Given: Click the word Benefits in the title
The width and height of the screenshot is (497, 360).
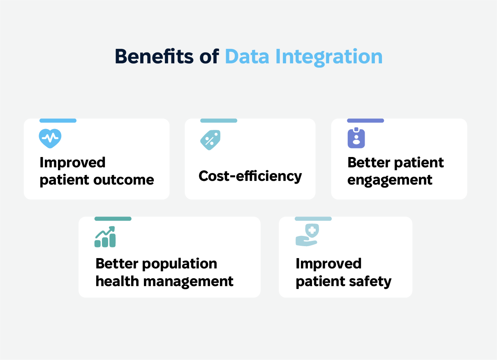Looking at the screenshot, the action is point(154,56).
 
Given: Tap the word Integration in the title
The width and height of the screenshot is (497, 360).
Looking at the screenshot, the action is point(329,58).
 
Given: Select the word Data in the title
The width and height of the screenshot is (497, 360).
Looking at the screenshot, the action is point(247,56).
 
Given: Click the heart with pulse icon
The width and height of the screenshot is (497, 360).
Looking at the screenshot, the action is point(50,138).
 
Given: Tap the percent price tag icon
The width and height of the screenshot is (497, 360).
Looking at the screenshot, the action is point(210,140).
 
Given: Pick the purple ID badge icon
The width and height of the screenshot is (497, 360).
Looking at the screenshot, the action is point(356,138).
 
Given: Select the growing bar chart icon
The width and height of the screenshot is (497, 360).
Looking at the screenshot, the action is point(105,237).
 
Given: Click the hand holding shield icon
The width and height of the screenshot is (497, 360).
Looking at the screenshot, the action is point(307,235).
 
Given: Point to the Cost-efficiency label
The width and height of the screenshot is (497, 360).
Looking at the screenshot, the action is point(250,177).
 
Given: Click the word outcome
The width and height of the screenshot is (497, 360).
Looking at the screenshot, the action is point(124,180).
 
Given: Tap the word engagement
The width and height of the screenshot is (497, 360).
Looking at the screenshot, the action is point(390,180).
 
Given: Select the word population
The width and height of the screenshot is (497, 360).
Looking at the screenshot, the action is point(180,264).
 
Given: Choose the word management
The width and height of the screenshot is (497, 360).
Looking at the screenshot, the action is point(188,282).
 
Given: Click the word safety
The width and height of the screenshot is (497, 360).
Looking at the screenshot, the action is point(370,282).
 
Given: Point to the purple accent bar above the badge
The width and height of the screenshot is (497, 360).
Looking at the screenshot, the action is point(365,121).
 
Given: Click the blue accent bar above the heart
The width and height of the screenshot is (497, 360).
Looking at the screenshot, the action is point(58,121).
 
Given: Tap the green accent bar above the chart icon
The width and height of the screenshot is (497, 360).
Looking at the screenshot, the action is point(113,219).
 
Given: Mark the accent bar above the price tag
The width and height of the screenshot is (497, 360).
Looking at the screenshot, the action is point(219,121).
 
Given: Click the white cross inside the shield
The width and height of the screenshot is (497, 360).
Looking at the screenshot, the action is point(312,231).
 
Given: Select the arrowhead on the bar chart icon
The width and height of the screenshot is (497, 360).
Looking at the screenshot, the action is point(112,229).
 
